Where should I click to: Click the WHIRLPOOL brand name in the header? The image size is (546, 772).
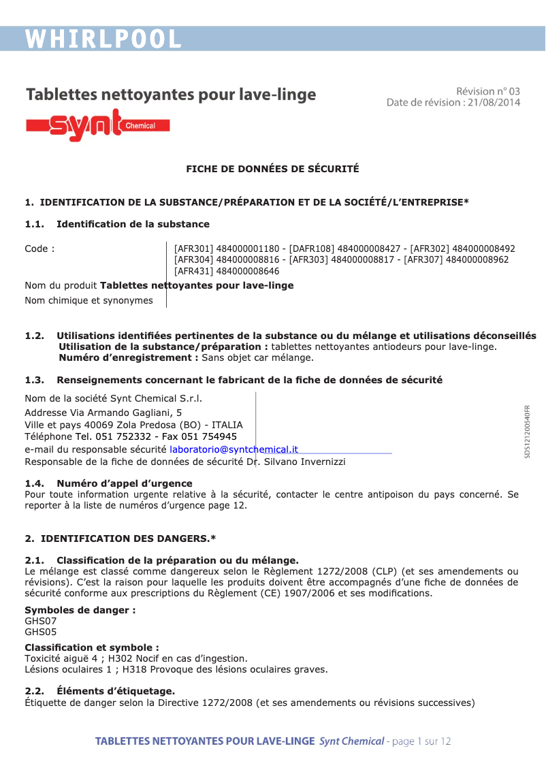(x=103, y=39)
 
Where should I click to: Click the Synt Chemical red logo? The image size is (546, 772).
(x=97, y=125)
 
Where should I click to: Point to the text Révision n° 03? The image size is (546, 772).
(x=487, y=91)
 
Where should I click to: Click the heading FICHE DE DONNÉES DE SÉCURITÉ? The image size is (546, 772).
(x=272, y=169)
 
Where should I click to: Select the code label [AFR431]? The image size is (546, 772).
(x=193, y=271)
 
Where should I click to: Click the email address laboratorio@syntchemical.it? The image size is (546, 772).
(x=234, y=449)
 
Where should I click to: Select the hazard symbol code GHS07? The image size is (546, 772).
(x=41, y=621)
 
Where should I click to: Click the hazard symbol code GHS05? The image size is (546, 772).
(x=41, y=632)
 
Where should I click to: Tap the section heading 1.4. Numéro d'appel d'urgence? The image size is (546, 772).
(x=109, y=483)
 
